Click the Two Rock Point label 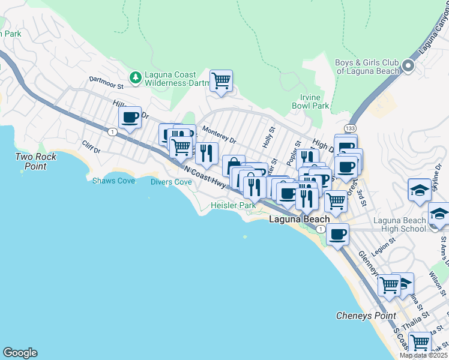[x=36, y=161]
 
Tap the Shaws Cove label [x=113, y=181]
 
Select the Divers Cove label [x=171, y=182]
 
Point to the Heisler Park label [x=234, y=205]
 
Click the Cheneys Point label [x=366, y=316]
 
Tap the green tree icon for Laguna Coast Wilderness [x=136, y=77]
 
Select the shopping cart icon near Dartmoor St [x=221, y=80]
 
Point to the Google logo [x=20, y=353]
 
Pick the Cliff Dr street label [x=92, y=147]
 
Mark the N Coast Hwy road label [x=205, y=178]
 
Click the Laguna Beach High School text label [x=400, y=224]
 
